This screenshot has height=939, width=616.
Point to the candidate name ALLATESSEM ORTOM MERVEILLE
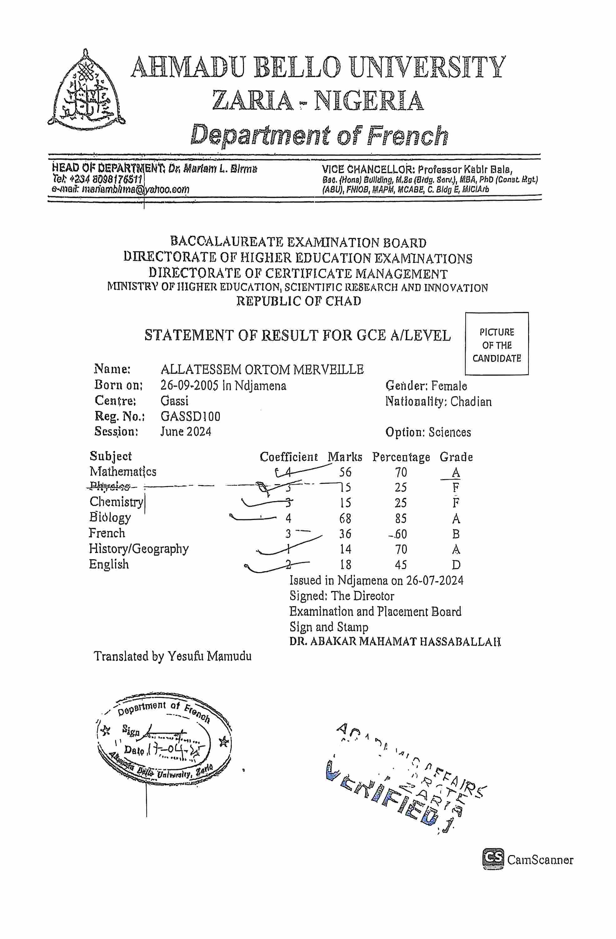[262, 370]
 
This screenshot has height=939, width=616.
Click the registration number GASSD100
[190, 417]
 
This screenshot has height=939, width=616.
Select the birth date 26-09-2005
[189, 386]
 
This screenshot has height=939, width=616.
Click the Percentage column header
[401, 457]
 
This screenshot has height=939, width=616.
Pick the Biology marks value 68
[345, 518]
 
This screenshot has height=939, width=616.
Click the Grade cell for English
[456, 565]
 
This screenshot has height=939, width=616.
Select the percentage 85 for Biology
[401, 518]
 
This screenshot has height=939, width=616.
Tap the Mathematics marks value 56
[345, 472]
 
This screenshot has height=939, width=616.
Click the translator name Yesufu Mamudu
[209, 656]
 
